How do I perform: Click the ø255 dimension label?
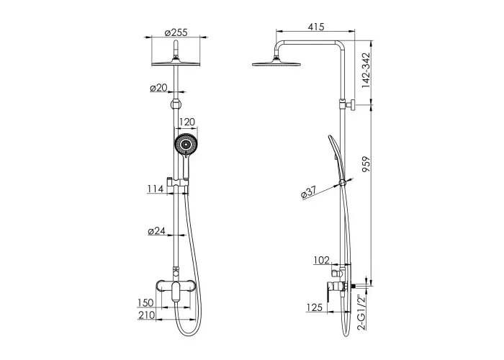click(x=176, y=33)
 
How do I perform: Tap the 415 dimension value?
click(x=316, y=27)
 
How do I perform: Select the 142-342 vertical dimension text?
click(x=366, y=71)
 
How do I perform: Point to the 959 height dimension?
click(x=366, y=164)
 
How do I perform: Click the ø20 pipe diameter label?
click(x=159, y=87)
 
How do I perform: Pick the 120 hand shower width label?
click(x=187, y=122)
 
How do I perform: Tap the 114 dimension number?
click(x=156, y=189)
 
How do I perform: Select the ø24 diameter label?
click(x=156, y=231)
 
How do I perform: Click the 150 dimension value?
click(x=145, y=303)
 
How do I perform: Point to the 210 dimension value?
click(x=147, y=315)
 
